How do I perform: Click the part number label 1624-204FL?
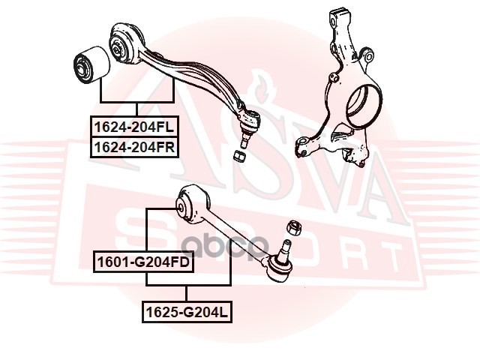(x=134, y=127)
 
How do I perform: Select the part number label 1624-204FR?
(x=134, y=147)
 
